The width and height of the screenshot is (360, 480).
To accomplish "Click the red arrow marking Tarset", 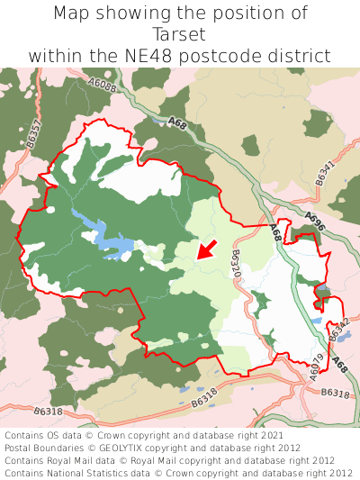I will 206,249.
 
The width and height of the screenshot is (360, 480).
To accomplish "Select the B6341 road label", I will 325,173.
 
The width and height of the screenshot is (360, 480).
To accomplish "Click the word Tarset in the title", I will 180,34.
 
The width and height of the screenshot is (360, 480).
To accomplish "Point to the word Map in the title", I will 74,14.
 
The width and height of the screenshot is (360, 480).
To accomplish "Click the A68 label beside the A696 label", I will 276,232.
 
